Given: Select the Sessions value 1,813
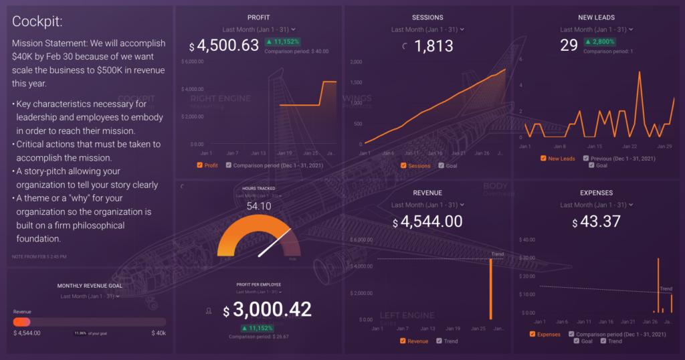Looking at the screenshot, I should click(x=433, y=46).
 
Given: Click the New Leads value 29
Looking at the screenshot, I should click(x=569, y=45).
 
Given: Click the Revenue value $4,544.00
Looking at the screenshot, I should click(x=427, y=221).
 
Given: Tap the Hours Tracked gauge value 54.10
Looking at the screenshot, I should click(x=258, y=207).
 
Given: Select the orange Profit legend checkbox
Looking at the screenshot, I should click(x=200, y=165).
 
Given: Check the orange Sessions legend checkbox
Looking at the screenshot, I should click(x=403, y=165).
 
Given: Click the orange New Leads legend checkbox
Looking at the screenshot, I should click(x=543, y=159).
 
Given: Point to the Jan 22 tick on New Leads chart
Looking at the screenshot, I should click(x=630, y=146).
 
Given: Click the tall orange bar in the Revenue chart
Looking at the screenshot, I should click(x=490, y=288).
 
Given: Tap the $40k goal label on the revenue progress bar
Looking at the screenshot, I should click(x=159, y=333).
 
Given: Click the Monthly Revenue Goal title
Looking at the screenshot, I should click(x=89, y=286).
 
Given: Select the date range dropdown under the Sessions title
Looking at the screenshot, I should click(x=427, y=29).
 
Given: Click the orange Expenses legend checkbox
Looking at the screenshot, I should click(x=532, y=334).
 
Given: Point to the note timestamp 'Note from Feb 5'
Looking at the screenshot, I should click(x=39, y=256).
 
